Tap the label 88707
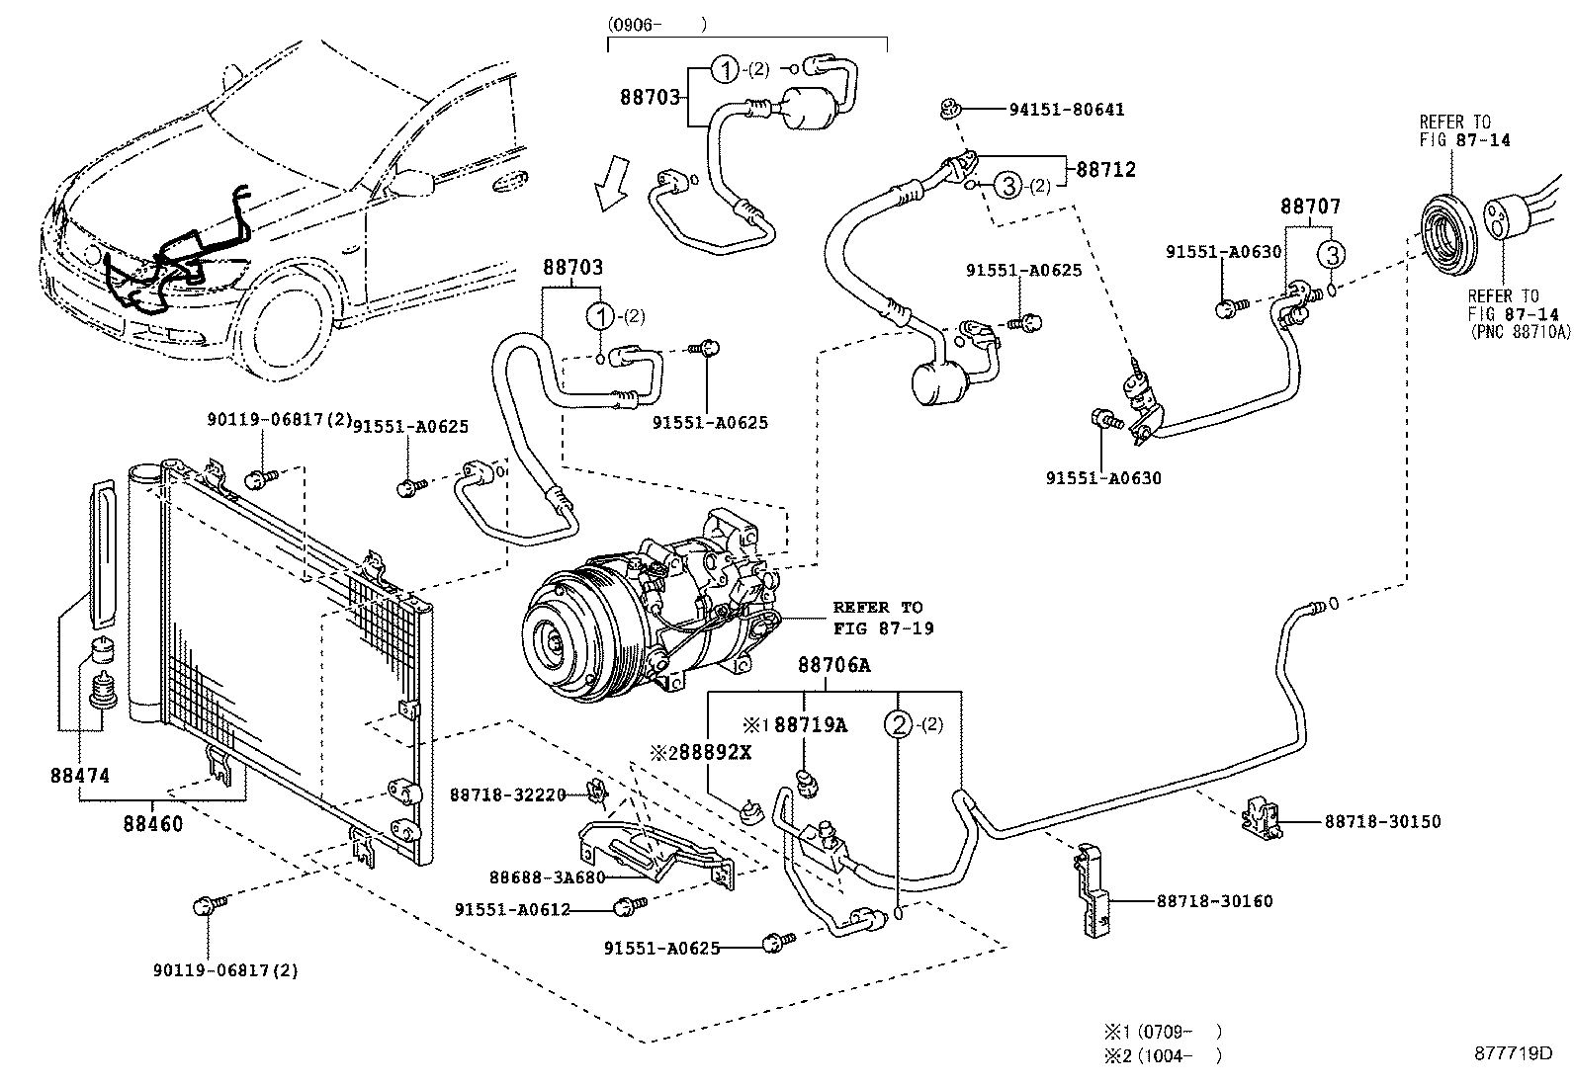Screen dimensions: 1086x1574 (1310, 207)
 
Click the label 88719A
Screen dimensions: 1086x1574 (810, 725)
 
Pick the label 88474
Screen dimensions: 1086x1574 (80, 776)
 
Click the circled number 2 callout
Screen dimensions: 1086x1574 (898, 725)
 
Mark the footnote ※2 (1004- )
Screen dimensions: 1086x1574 (1163, 1054)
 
